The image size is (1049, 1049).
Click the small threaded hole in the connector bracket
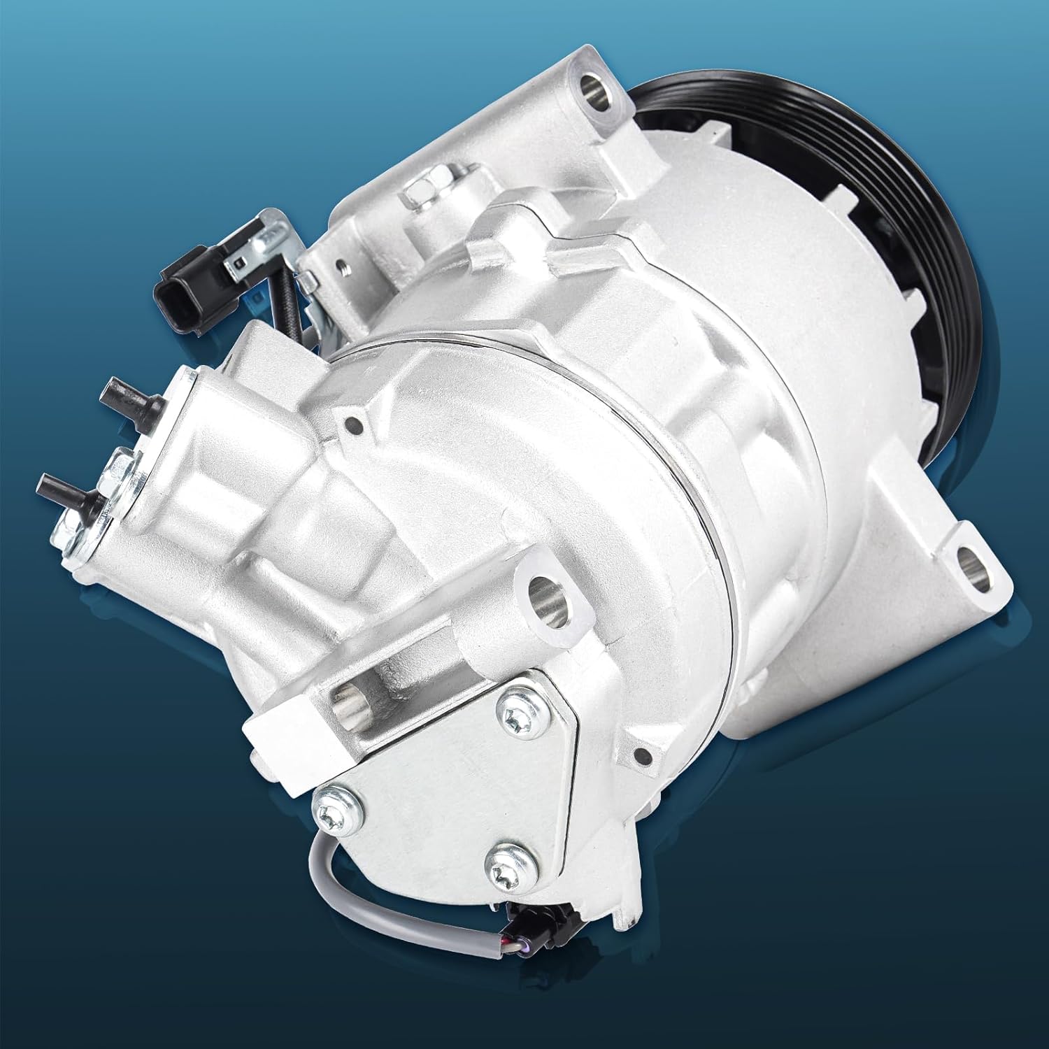point(341,266)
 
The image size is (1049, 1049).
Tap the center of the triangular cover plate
point(448,790)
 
